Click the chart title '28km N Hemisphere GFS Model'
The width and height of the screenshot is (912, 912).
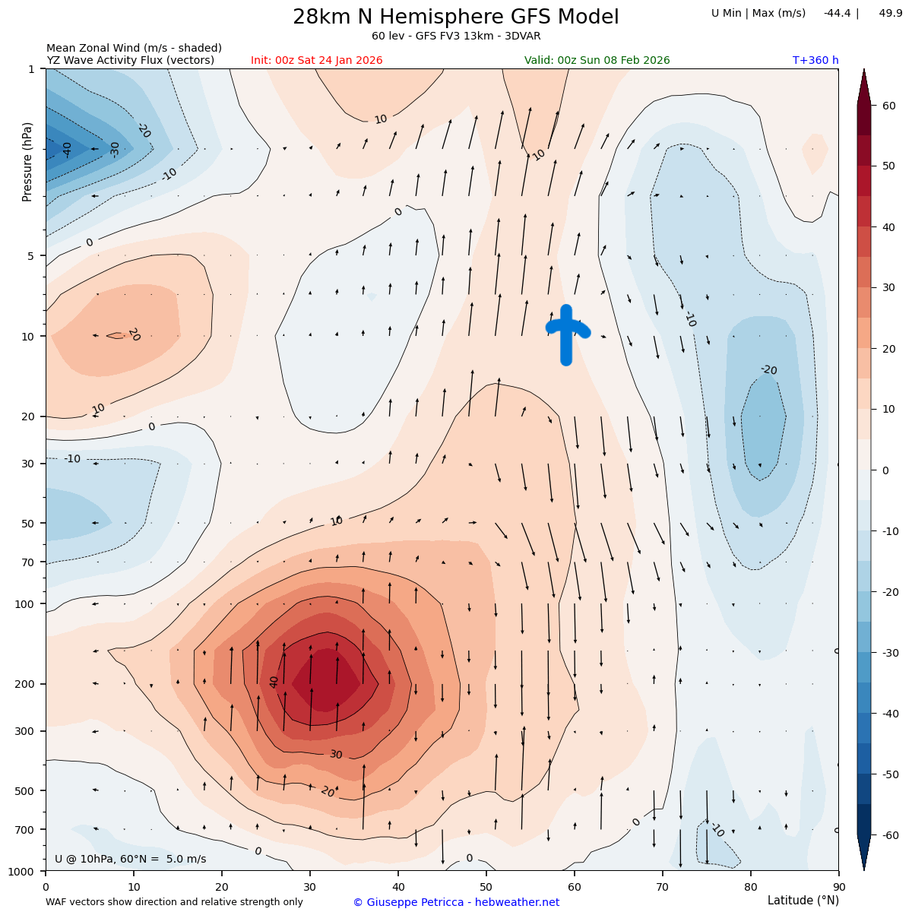pyautogui.click(x=456, y=17)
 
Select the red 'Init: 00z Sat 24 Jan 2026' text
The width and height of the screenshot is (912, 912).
pyautogui.click(x=317, y=61)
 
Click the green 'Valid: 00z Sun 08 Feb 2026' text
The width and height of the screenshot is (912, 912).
pyautogui.click(x=597, y=61)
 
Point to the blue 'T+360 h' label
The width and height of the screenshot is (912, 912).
pyautogui.click(x=815, y=61)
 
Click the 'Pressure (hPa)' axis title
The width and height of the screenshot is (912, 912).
pyautogui.click(x=28, y=161)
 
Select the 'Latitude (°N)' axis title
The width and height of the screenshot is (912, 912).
pyautogui.click(x=803, y=901)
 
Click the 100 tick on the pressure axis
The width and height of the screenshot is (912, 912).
pyautogui.click(x=26, y=604)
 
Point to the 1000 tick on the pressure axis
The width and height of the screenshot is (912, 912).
pyautogui.click(x=23, y=871)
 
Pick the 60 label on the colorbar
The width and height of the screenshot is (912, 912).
pyautogui.click(x=889, y=106)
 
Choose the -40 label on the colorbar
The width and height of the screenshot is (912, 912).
pyautogui.click(x=889, y=714)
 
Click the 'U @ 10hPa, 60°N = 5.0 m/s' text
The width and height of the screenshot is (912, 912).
pyautogui.click(x=130, y=860)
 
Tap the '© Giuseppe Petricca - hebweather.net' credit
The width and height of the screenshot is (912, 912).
pyautogui.click(x=456, y=902)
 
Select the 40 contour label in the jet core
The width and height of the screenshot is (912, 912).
pyautogui.click(x=274, y=682)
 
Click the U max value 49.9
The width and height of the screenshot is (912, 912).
pyautogui.click(x=891, y=13)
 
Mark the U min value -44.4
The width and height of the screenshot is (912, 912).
pyautogui.click(x=836, y=13)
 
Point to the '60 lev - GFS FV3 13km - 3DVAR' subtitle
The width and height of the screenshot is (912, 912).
pyautogui.click(x=456, y=36)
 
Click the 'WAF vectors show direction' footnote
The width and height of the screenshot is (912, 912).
pyautogui.click(x=174, y=902)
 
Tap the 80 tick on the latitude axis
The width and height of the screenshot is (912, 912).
pyautogui.click(x=750, y=886)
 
